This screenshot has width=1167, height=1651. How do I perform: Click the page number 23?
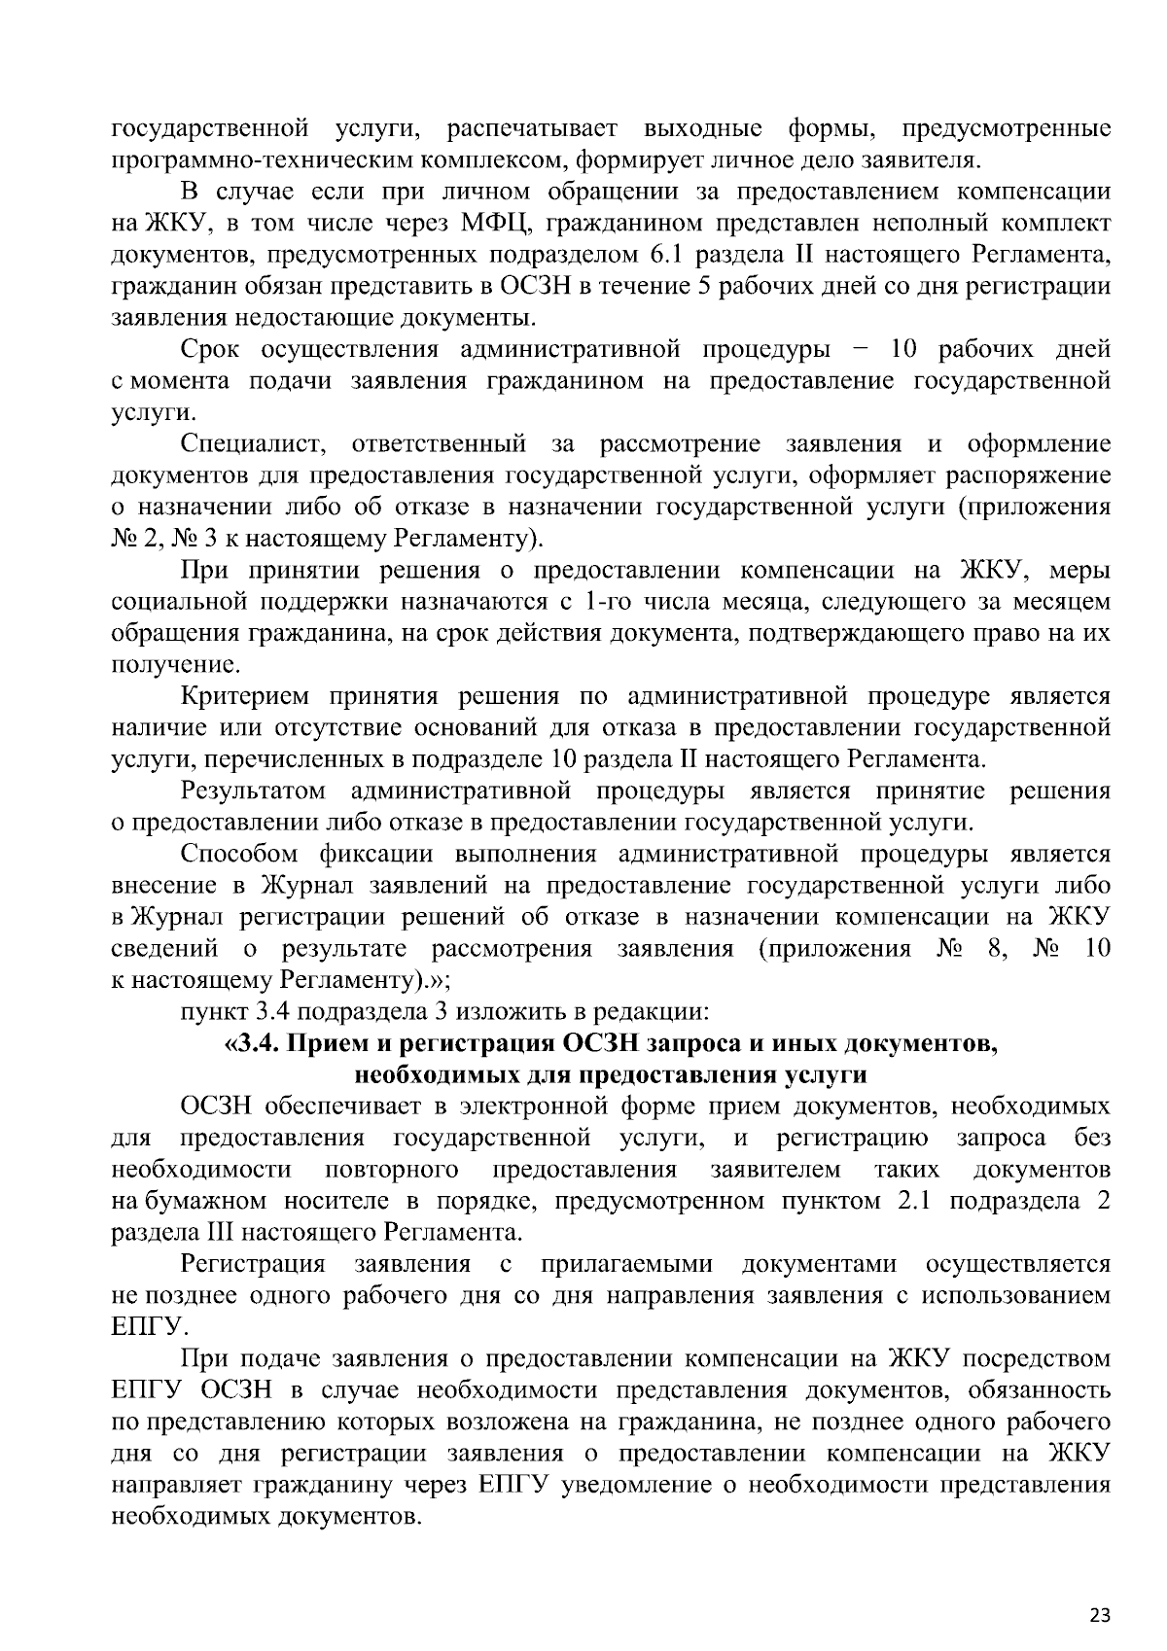[x=1099, y=1589]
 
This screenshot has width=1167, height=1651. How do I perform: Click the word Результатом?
[x=253, y=790]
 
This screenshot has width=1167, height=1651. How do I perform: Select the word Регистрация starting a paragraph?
[x=253, y=1264]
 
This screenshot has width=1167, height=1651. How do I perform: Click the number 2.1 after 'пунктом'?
[x=913, y=1201]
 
